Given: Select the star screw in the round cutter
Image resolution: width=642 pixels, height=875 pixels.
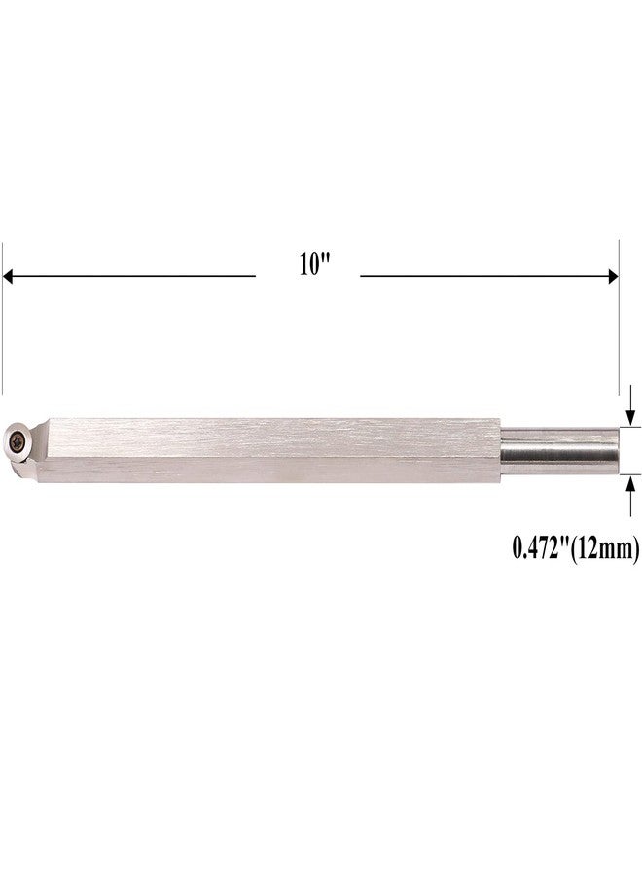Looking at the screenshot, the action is click(16, 442).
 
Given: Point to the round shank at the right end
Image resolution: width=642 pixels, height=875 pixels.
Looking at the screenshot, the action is click(560, 450).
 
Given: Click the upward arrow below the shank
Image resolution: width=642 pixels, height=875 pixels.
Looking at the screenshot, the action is click(631, 496).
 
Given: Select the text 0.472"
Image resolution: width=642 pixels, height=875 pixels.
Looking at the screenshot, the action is click(541, 548).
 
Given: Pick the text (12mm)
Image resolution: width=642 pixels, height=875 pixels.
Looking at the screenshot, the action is click(604, 549).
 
